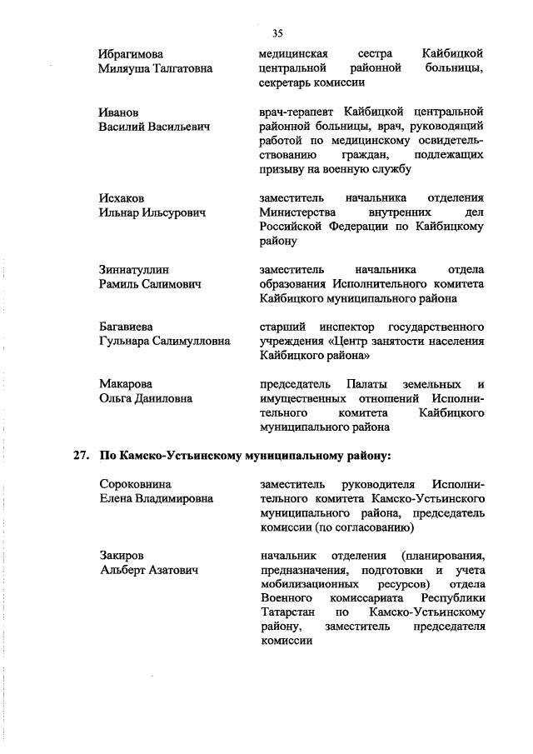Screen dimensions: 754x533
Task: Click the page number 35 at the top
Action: [277, 33]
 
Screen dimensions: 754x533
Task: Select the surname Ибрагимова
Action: [132, 53]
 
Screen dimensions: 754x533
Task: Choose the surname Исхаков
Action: [121, 197]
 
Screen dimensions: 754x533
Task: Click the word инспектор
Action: [345, 326]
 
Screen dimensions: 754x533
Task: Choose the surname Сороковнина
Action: [135, 483]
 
